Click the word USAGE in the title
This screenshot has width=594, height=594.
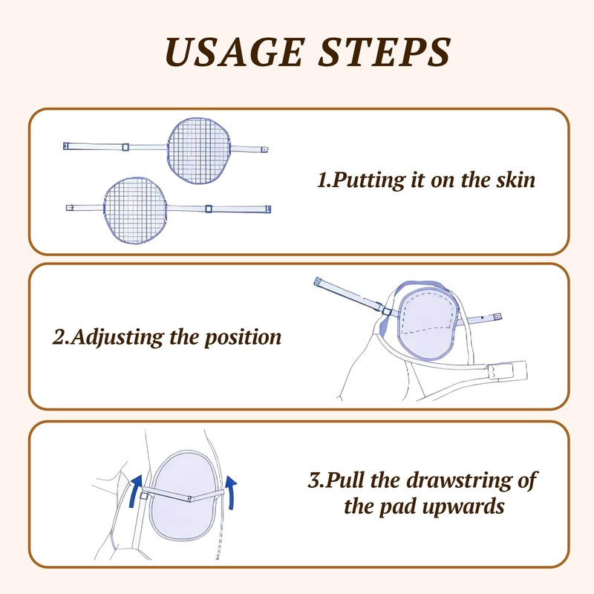point(235,52)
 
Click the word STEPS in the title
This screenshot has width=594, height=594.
point(385,52)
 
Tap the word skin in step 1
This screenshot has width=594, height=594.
point(516,180)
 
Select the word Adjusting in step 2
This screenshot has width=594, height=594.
point(117,338)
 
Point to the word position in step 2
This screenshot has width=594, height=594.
point(244,338)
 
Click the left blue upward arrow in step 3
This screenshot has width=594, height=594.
point(135,491)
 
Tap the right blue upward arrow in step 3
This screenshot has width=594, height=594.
point(231,492)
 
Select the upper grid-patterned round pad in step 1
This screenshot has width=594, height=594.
point(199,151)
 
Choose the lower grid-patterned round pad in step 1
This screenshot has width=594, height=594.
point(135,210)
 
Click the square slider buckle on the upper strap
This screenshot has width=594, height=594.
point(125,147)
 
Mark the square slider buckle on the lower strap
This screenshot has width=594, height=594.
point(209,209)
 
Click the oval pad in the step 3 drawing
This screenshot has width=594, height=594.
point(186,495)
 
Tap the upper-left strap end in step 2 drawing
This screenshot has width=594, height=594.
point(319,282)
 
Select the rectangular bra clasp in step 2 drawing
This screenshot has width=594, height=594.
point(507,371)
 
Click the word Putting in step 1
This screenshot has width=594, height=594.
point(368,180)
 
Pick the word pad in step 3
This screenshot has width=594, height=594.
point(398,507)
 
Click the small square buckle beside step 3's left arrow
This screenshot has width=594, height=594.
point(143,496)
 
